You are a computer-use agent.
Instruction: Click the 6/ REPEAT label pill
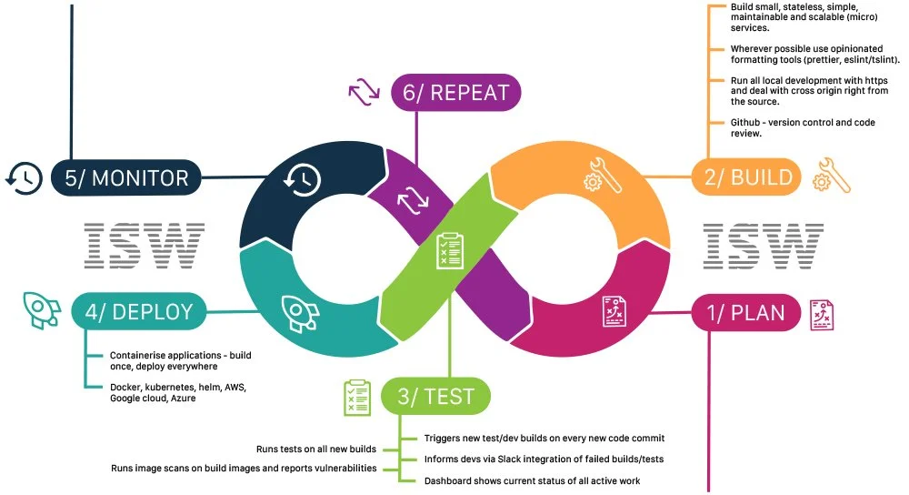pos(455,92)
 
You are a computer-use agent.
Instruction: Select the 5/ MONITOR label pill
pos(125,177)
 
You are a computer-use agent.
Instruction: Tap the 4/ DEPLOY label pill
pos(138,311)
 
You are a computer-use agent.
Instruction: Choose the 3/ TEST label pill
pos(435,397)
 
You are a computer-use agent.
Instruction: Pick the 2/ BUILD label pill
pos(746,177)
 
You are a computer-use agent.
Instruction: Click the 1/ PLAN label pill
pos(746,313)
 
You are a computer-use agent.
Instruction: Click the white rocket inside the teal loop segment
pos(300,313)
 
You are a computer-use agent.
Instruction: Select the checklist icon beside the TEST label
pos(357,398)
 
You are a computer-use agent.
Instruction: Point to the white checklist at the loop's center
pos(450,251)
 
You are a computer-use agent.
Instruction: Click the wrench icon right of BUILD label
pos(832,176)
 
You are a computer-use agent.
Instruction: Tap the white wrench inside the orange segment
pos(603,176)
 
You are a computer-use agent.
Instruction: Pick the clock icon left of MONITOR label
pos(25,177)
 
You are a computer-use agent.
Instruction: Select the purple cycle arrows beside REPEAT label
pos(365,92)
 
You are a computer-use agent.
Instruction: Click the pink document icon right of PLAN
pos(822,315)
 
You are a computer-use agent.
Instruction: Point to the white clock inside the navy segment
pos(302,179)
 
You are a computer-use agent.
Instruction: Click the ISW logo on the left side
pos(145,246)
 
